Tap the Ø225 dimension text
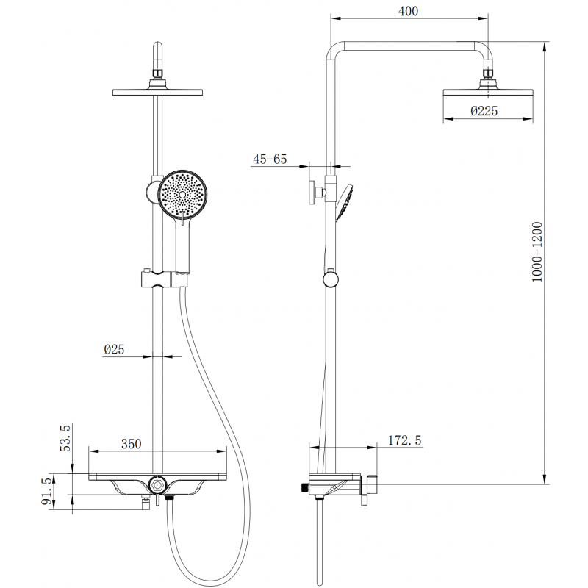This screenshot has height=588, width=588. [x=484, y=111]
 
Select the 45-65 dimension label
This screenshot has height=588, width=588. [x=269, y=159]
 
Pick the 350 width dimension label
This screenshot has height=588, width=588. [x=130, y=444]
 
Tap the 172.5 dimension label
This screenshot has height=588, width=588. [x=404, y=441]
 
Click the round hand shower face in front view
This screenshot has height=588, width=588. [x=183, y=194]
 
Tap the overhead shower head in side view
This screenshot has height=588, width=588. [x=488, y=93]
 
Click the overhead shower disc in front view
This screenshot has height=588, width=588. [x=157, y=92]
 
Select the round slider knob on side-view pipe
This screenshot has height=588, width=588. [x=331, y=279]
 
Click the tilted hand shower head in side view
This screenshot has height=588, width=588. [x=344, y=202]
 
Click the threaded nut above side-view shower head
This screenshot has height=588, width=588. [x=488, y=73]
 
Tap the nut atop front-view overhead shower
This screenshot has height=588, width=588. [x=157, y=73]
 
